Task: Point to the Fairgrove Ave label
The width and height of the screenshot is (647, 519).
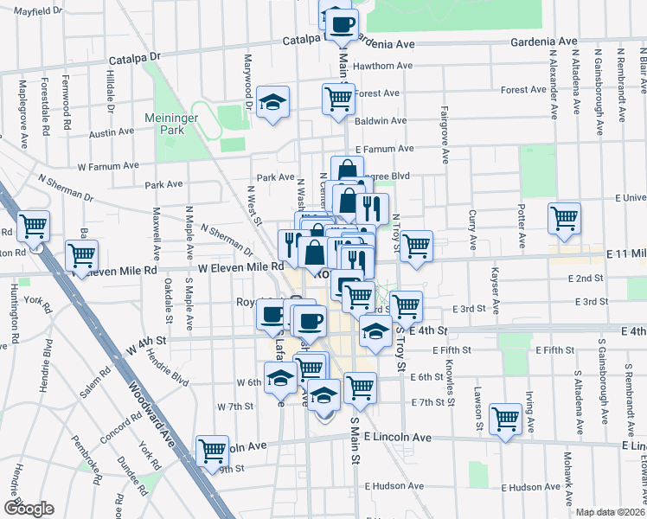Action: point(445,134)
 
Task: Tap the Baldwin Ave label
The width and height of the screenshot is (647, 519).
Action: point(381,121)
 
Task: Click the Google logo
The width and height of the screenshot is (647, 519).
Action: point(29,509)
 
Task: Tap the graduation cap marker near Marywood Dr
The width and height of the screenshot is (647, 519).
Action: point(272,105)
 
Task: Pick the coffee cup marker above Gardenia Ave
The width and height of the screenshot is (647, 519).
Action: point(341,23)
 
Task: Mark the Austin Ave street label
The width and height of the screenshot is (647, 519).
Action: point(112,133)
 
